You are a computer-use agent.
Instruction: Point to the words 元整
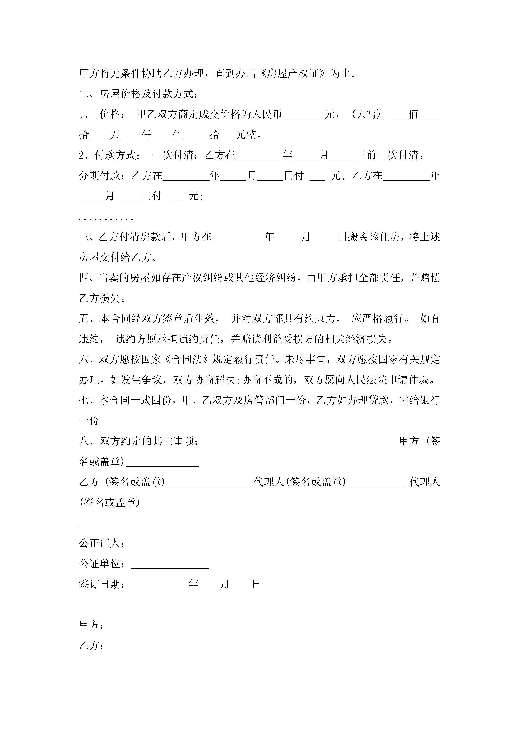246,135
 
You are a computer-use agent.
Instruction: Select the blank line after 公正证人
170,544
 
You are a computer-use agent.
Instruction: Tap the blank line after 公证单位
170,565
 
